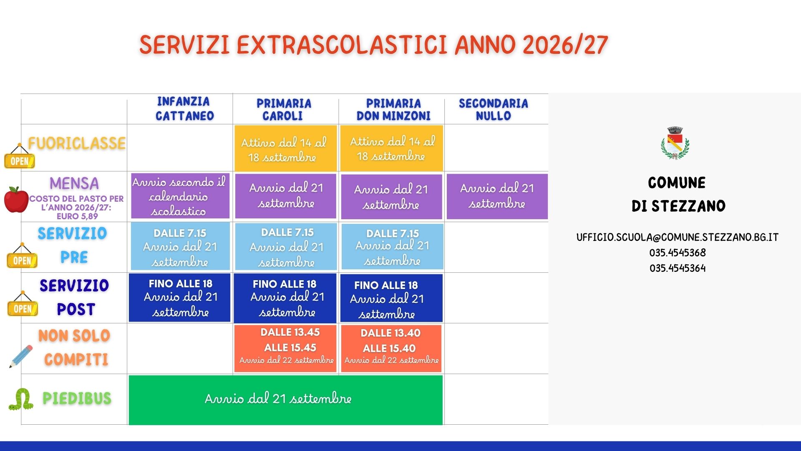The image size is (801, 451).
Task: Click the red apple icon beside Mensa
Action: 16,200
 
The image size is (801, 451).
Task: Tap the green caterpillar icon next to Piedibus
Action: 21,399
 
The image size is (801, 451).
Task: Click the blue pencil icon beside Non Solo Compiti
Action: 21,356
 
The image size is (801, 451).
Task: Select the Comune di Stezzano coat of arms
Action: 675,143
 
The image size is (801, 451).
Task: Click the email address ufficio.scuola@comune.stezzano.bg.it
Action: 678,237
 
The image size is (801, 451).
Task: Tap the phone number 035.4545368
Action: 678,253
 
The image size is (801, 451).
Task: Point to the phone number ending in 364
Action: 678,268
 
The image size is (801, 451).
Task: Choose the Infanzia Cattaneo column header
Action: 184,109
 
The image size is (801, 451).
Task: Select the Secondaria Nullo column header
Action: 494,109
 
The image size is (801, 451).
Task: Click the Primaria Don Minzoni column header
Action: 393,109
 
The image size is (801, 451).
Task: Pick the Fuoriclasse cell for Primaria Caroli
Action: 286,148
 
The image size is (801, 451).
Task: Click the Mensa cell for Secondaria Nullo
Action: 497,196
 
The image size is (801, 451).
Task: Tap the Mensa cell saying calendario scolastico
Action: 180,196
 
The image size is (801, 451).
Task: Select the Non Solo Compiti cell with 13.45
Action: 285,348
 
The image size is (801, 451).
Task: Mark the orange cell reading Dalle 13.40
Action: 391,349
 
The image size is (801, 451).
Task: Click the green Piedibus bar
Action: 286,400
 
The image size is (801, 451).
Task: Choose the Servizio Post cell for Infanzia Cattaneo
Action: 179,298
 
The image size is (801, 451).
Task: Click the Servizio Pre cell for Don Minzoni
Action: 393,246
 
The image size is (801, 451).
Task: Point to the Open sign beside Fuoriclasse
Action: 20,157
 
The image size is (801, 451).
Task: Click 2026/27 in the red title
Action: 565,45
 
